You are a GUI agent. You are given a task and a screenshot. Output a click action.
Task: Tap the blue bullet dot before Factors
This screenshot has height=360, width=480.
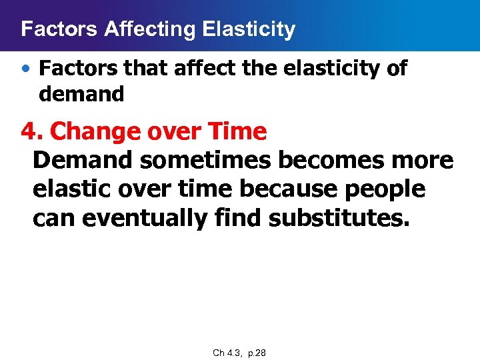pyautogui.click(x=25, y=69)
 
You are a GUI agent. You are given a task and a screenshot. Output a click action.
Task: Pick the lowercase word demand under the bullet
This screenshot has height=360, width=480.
pyautogui.click(x=81, y=95)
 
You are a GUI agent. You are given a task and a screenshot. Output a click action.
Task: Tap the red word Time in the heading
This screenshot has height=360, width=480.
pyautogui.click(x=237, y=132)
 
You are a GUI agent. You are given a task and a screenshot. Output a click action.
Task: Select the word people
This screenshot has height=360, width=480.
pyautogui.click(x=385, y=189)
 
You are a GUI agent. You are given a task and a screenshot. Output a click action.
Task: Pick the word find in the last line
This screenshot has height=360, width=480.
pyautogui.click(x=239, y=218)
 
